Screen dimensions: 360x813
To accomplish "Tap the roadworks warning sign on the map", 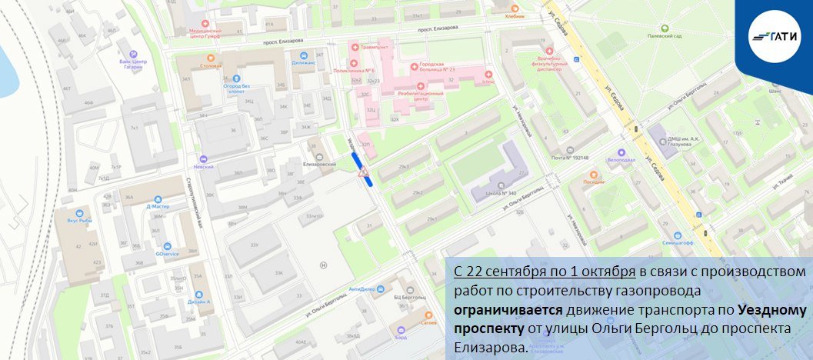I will click(x=363, y=172).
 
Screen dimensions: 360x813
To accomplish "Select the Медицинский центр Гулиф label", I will click(x=211, y=33).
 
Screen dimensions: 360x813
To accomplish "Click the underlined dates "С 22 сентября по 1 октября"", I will click(x=544, y=273).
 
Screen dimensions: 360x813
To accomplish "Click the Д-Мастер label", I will click(x=157, y=206).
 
